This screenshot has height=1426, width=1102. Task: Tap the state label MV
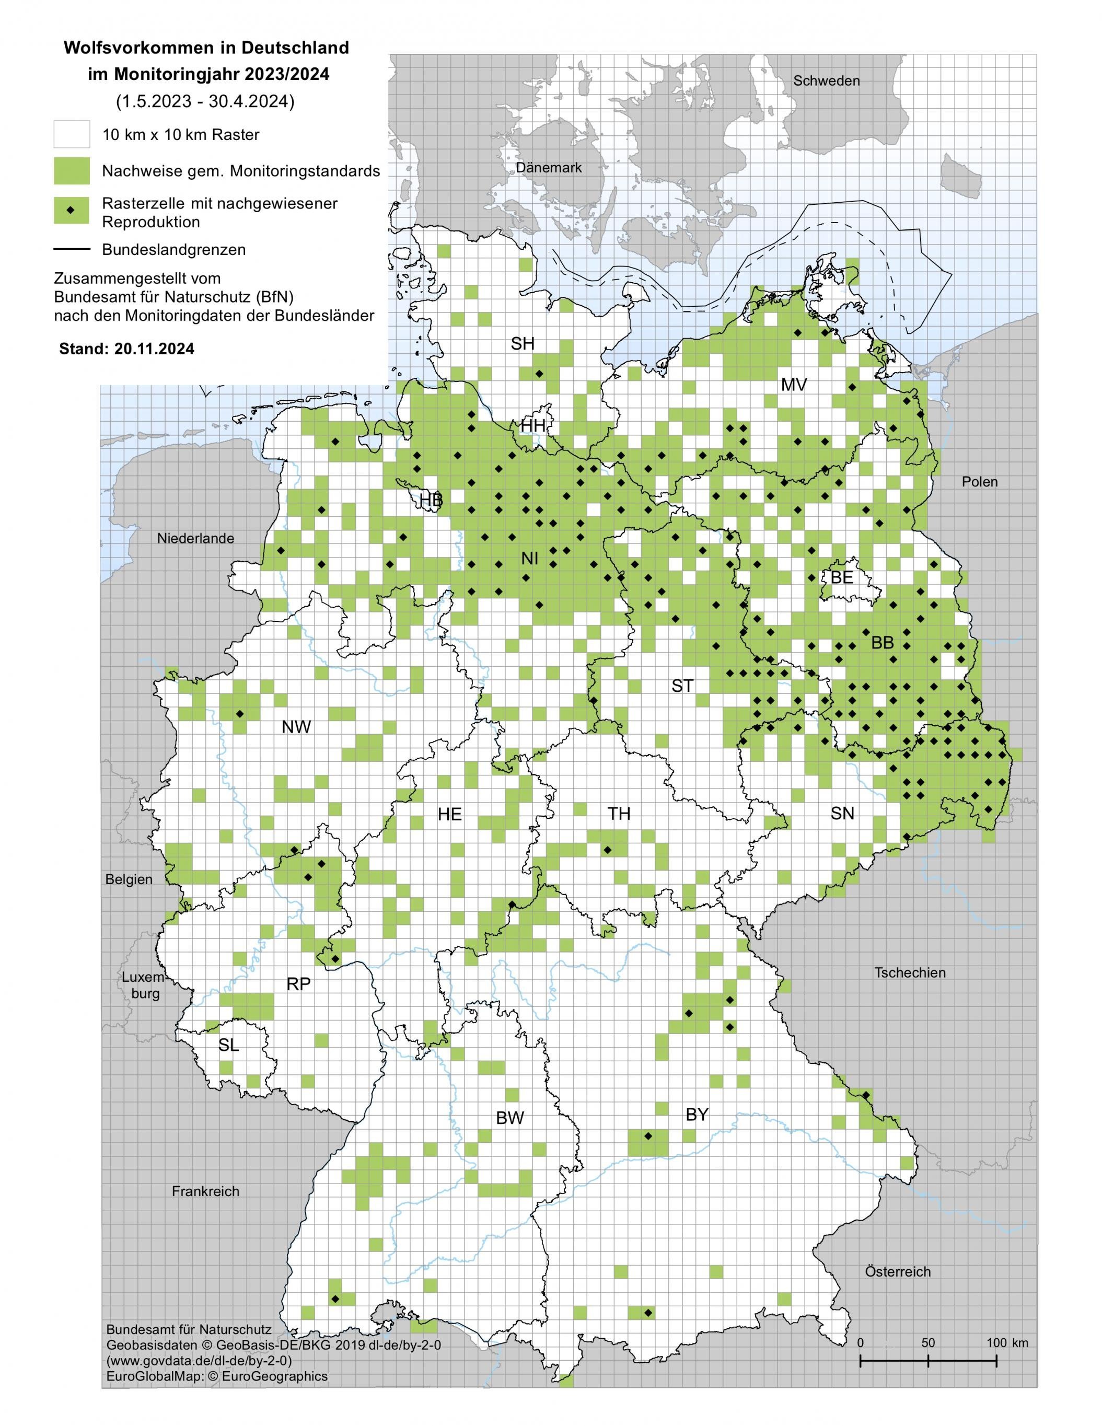[x=794, y=385]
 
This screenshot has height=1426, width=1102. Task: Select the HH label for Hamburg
[x=533, y=426]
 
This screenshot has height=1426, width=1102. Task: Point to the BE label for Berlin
[x=841, y=577]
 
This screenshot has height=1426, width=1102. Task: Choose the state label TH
[x=619, y=814]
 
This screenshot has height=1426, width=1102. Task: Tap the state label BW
[x=510, y=1118]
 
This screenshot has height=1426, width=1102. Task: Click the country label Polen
[x=979, y=482]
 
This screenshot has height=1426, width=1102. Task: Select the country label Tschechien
[x=909, y=972]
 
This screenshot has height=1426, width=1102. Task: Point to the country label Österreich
[x=898, y=1272]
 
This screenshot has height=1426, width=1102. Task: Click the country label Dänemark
[x=549, y=167]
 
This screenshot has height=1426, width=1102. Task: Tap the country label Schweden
[x=826, y=80]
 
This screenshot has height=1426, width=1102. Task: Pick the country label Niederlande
[x=195, y=539]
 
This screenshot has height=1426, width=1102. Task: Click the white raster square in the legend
[x=71, y=134]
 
